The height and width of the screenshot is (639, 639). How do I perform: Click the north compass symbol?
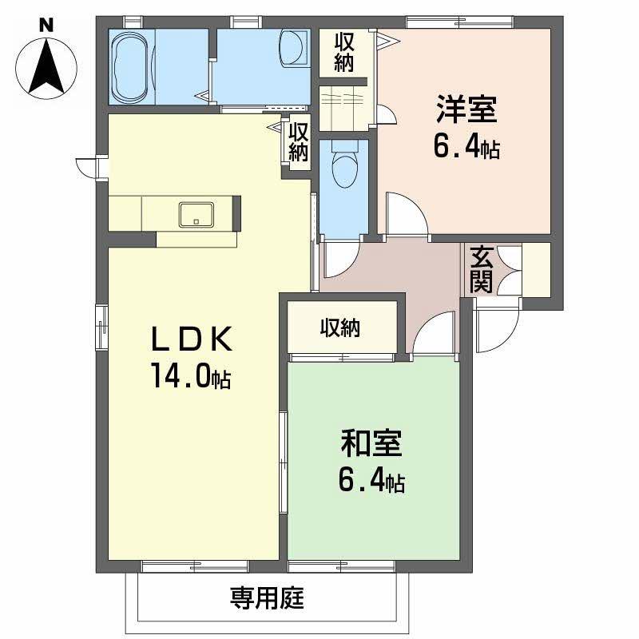(47, 67)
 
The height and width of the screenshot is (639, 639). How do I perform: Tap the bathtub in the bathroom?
(130, 67)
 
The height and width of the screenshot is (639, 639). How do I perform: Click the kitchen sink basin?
(196, 214)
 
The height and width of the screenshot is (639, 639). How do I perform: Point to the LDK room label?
(192, 341)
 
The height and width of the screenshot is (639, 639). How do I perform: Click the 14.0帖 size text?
(191, 376)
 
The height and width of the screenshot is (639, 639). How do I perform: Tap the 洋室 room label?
(466, 110)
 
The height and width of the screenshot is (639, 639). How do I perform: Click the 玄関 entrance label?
(482, 268)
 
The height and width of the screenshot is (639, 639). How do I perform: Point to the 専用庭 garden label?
(268, 597)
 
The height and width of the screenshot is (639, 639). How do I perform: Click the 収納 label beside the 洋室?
(344, 51)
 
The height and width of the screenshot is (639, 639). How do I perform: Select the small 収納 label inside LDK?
(298, 140)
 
